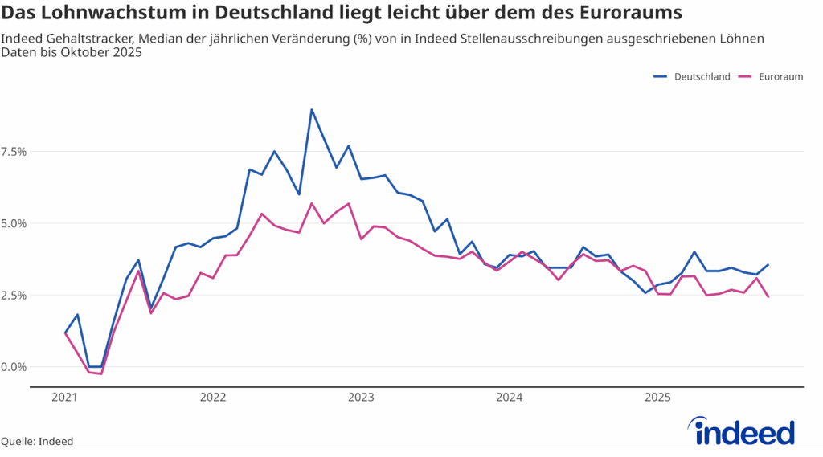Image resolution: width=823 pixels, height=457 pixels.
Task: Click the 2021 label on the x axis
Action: [64, 397]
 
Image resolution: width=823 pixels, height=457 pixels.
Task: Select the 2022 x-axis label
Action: [213, 397]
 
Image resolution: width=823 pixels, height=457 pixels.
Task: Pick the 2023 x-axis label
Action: [361, 397]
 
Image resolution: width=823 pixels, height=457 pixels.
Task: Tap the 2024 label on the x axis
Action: [510, 397]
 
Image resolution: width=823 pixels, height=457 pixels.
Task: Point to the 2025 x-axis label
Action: [657, 397]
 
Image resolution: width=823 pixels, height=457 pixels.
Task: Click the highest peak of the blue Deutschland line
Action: [312, 110]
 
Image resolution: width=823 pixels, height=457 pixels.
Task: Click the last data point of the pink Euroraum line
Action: [768, 297]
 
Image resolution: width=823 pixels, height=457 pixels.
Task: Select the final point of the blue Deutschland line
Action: [768, 264]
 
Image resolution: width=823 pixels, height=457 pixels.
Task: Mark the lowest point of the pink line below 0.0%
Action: [101, 373]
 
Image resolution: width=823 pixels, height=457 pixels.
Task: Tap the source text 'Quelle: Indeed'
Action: [37, 441]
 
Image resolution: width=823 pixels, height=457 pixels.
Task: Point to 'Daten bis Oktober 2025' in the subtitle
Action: [72, 53]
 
